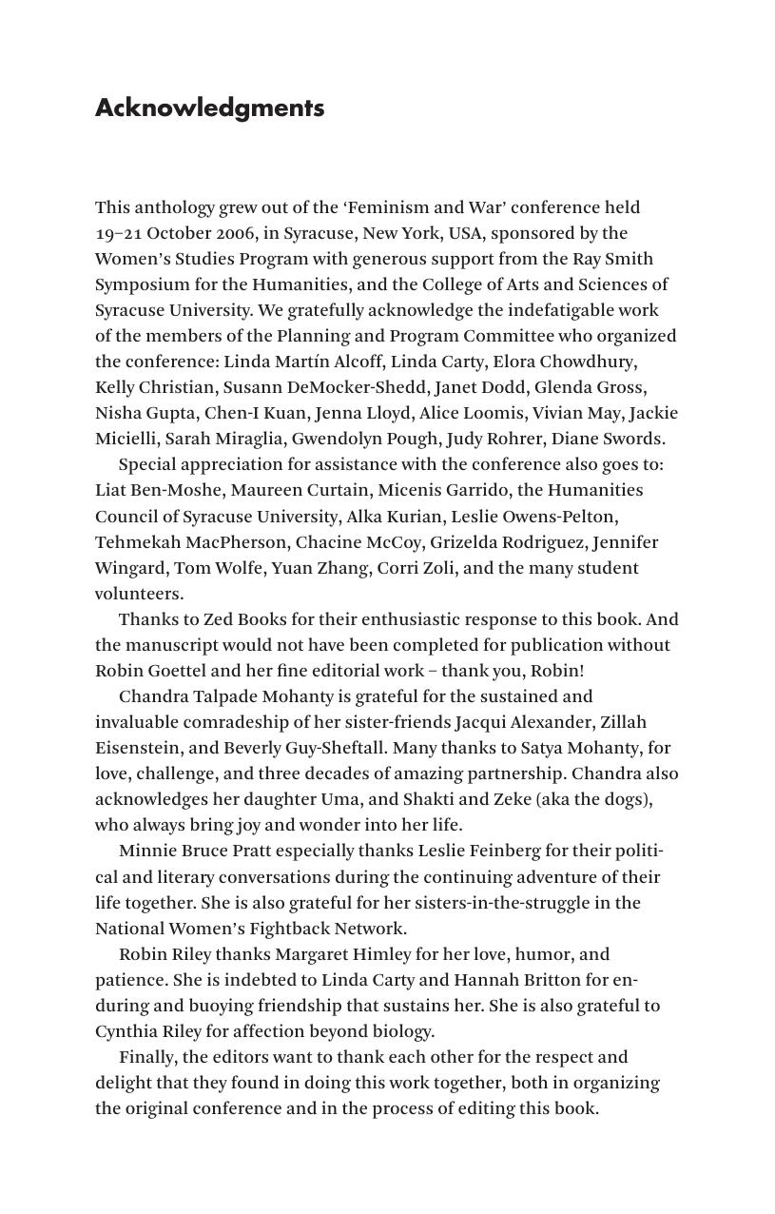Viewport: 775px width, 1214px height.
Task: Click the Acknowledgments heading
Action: [x=209, y=108]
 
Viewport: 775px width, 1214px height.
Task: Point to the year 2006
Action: [x=234, y=233]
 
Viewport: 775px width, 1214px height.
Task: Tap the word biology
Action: [x=401, y=1031]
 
